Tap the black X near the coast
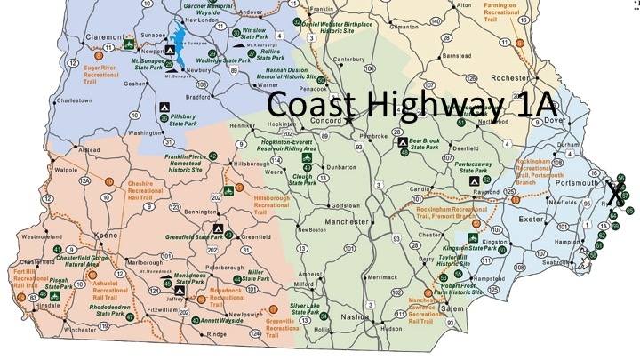tap(614, 190)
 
